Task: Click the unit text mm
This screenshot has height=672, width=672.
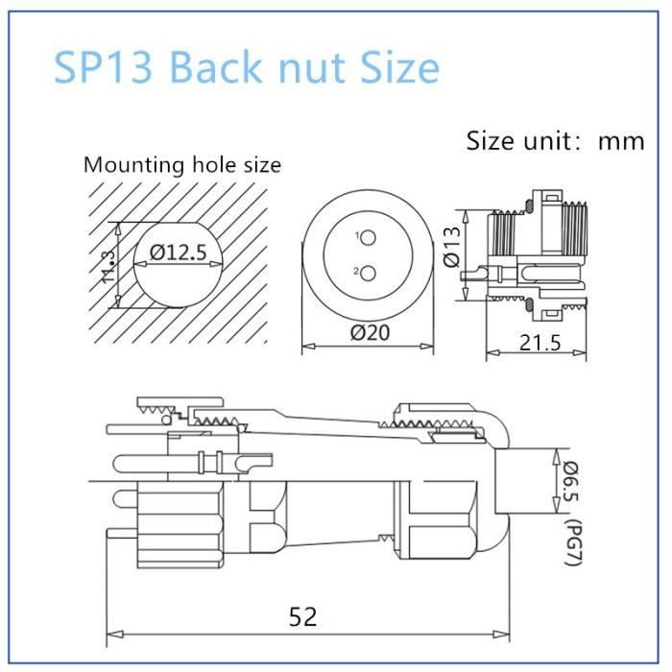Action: (621, 141)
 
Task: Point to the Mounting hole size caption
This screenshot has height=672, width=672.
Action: (182, 164)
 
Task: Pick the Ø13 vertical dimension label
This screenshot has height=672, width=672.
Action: (454, 247)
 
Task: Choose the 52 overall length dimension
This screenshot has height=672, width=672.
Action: (302, 615)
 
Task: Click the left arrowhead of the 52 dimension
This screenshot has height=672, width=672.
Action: (110, 634)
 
